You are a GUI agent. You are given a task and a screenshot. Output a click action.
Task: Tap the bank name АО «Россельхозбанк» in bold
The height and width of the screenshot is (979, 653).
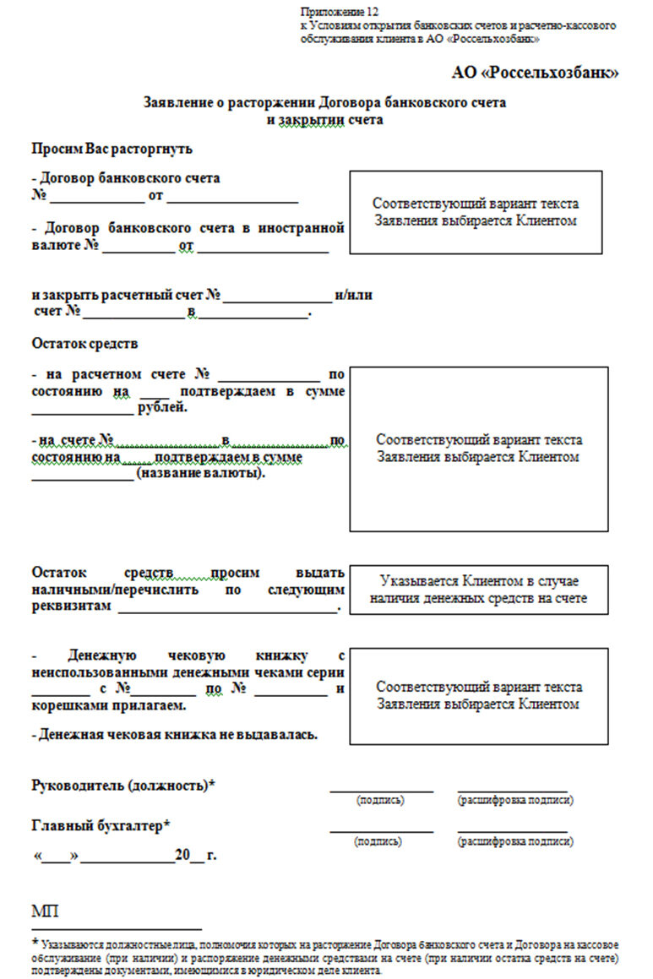tap(536, 73)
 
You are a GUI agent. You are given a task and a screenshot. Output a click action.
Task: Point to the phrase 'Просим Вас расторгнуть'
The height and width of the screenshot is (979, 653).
tap(112, 150)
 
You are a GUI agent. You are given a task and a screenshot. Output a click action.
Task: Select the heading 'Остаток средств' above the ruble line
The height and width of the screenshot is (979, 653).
tap(84, 344)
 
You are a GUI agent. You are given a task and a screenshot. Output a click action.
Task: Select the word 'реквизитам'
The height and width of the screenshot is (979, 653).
tap(71, 606)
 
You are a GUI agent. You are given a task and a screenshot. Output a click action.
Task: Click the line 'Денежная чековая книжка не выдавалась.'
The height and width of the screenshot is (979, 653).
tap(174, 734)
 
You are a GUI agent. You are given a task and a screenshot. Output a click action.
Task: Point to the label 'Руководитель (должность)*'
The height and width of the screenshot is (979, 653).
tap(122, 785)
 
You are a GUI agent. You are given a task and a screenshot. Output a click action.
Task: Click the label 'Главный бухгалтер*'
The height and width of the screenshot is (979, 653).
tap(101, 825)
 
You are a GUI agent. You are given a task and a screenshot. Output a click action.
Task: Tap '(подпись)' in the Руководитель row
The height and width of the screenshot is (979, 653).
tap(380, 799)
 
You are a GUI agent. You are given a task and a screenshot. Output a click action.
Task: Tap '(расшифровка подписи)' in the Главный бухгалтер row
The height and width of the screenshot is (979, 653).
tap(514, 841)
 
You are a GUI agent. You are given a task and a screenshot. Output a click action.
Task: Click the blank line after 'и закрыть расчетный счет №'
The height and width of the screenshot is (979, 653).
tap(278, 297)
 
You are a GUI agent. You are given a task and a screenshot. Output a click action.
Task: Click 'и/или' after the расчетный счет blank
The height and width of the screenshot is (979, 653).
tap(354, 296)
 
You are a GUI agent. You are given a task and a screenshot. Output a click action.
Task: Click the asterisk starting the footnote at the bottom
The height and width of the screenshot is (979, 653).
tap(35, 942)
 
